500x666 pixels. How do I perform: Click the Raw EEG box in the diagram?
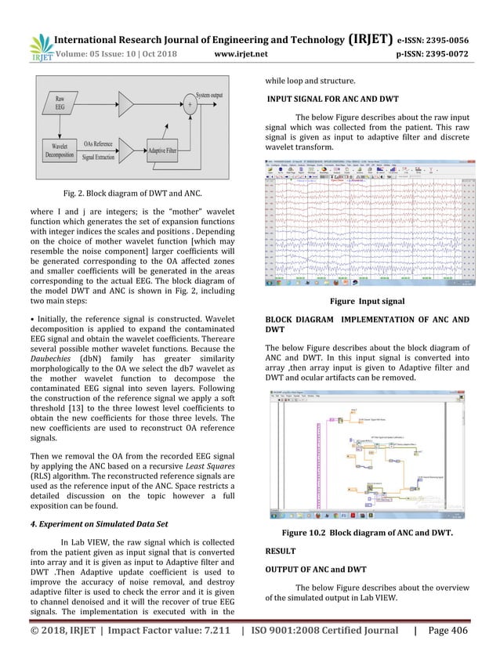[60, 105]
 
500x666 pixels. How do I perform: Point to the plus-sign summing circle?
[189, 102]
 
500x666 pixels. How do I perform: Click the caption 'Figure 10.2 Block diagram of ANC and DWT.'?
[374, 534]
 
